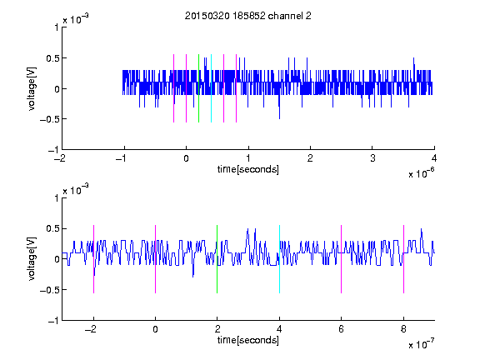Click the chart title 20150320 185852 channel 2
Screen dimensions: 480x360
click(x=248, y=16)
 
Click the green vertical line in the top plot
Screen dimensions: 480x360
click(x=198, y=88)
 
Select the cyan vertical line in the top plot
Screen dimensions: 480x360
click(x=211, y=88)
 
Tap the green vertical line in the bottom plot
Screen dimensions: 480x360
click(x=217, y=259)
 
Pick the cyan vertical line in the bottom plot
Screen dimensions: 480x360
click(x=279, y=259)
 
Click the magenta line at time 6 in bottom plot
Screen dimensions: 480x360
click(x=342, y=259)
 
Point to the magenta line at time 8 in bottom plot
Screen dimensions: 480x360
click(x=404, y=259)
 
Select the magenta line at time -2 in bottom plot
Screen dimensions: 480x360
click(x=93, y=259)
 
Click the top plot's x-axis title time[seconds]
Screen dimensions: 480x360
click(x=248, y=169)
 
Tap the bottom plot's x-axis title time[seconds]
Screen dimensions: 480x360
click(x=248, y=340)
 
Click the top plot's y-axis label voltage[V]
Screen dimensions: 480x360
click(x=32, y=89)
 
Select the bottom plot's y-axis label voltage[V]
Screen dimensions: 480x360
click(x=32, y=259)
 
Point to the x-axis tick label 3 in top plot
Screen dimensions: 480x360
click(x=372, y=158)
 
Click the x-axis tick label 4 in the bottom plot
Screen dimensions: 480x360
click(x=279, y=329)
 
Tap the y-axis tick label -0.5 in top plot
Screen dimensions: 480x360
click(x=49, y=119)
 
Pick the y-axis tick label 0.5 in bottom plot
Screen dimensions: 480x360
click(x=52, y=228)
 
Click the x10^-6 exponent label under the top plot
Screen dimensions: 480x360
click(x=421, y=173)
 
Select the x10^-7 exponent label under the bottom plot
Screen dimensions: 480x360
click(x=421, y=344)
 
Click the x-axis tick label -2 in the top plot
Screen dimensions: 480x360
click(x=60, y=158)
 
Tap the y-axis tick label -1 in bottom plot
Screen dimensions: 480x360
click(x=53, y=321)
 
